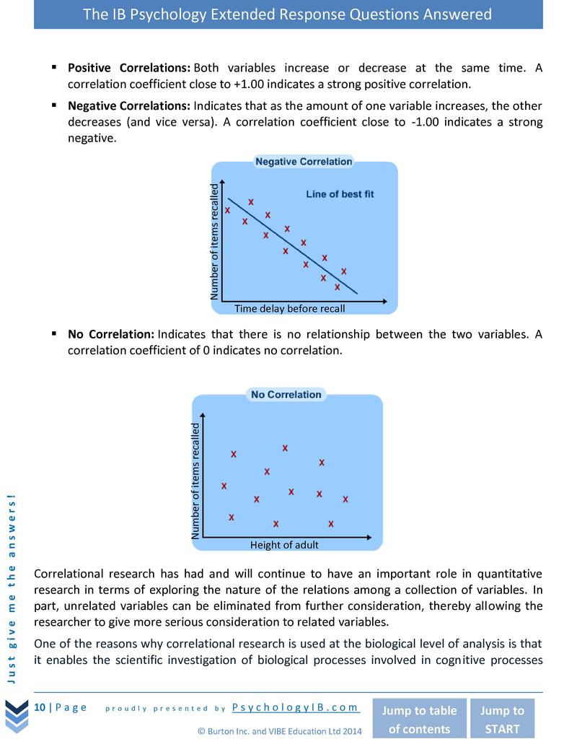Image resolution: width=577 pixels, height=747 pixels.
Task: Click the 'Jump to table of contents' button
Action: [x=418, y=719]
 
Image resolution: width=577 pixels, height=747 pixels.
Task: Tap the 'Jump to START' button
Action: [x=502, y=719]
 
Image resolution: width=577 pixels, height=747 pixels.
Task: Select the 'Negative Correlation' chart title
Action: [x=304, y=162]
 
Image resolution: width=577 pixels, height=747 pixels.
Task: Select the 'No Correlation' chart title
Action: [x=286, y=395]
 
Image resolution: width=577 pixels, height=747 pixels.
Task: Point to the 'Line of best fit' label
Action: [x=340, y=194]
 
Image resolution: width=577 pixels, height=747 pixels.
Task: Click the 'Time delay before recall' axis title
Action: [x=290, y=309]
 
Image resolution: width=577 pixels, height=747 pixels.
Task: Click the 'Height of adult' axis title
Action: [x=283, y=545]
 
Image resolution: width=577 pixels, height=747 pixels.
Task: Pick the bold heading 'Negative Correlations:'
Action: [x=130, y=106]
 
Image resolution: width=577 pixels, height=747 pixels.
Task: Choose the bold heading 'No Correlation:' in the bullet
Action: [x=111, y=334]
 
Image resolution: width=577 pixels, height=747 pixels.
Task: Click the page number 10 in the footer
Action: [x=40, y=707]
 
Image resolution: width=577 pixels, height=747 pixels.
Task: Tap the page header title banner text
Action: [x=288, y=14]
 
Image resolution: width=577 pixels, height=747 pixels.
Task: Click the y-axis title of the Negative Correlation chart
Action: [x=213, y=242]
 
